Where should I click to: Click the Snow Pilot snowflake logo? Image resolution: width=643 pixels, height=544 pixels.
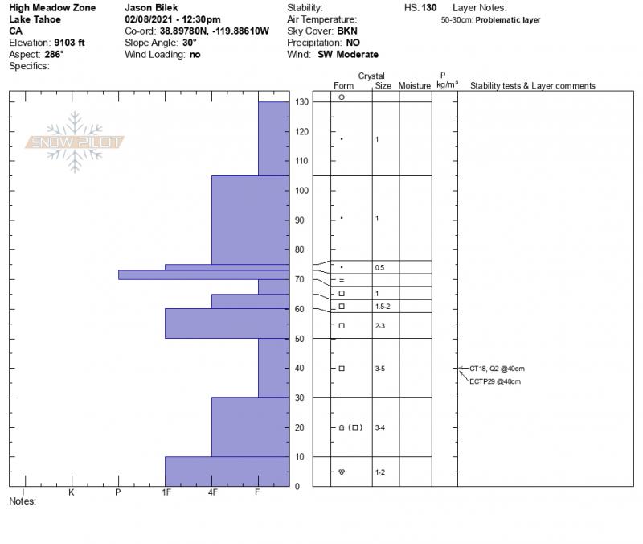(x=75, y=142)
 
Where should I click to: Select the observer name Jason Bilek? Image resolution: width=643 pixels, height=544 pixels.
(x=151, y=7)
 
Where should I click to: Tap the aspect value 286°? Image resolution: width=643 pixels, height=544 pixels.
(x=55, y=55)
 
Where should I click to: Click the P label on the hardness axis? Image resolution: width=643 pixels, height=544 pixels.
(x=118, y=492)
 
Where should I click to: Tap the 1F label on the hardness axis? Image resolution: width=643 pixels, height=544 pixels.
(x=166, y=492)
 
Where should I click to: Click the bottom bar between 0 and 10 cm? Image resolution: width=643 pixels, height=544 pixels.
(x=227, y=471)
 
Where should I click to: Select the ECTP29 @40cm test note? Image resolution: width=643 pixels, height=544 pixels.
(x=495, y=381)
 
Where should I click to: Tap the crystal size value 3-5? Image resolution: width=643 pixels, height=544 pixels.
(x=381, y=369)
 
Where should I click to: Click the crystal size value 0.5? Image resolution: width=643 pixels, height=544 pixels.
(x=379, y=267)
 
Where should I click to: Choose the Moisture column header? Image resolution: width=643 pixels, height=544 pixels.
(x=415, y=86)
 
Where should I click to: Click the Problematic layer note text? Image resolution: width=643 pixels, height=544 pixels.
(x=508, y=20)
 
